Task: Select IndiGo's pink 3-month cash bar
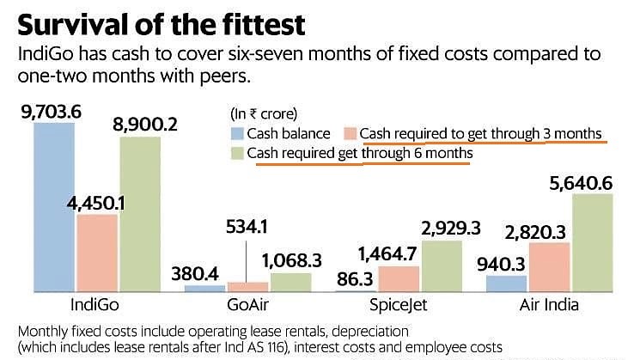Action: pos(98,253)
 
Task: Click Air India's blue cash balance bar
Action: pos(507,284)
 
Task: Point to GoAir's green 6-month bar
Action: pos(292,283)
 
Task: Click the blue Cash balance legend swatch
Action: pos(238,133)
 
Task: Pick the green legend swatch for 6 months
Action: pos(238,153)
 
